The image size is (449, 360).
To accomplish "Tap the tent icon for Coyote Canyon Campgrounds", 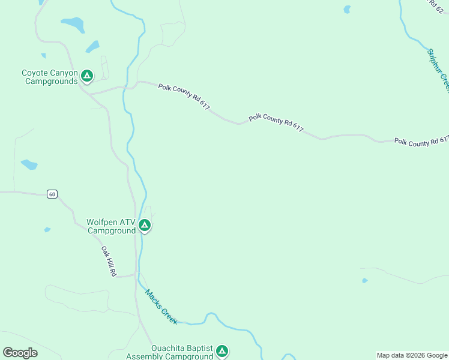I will pyautogui.click(x=87, y=76).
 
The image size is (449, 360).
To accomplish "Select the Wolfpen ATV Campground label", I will pyautogui.click(x=112, y=226).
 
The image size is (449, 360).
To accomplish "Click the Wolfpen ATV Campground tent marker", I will pyautogui.click(x=144, y=226).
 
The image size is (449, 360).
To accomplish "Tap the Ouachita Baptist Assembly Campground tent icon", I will pyautogui.click(x=222, y=351).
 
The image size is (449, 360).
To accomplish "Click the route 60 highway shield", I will pyautogui.click(x=53, y=194).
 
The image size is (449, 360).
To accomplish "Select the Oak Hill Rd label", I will pyautogui.click(x=108, y=261).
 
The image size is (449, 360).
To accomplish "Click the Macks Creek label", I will pyautogui.click(x=161, y=307).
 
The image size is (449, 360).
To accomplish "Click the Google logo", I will pyautogui.click(x=20, y=353).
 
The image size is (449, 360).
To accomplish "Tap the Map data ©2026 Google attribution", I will pyautogui.click(x=412, y=355).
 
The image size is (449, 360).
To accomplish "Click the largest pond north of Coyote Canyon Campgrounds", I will pyautogui.click(x=73, y=25).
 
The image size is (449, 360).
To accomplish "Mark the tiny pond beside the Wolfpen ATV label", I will pyautogui.click(x=47, y=230).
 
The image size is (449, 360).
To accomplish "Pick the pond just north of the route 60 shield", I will pyautogui.click(x=29, y=164).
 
